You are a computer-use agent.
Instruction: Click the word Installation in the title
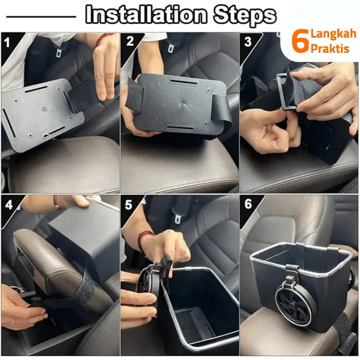pos(146,15)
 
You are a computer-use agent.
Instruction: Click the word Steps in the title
pos(245,15)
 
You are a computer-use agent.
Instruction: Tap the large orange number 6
pos(300,41)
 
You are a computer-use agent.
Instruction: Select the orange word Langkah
pos(333,34)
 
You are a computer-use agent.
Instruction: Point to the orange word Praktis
pos(330,48)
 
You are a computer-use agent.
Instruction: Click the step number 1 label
pos(7,43)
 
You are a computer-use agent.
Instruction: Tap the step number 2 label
pos(130,41)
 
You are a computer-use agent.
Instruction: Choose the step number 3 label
pos(248,42)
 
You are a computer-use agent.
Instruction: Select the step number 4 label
pos(9,204)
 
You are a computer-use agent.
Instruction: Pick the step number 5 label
pos(129,205)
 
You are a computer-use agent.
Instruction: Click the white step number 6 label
pos(248,204)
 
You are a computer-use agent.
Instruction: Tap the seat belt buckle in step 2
pos(171,48)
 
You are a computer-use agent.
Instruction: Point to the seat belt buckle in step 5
pos(177,219)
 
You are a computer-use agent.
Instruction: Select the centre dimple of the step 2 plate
pos(182,105)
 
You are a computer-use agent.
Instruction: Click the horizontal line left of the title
pos(41,16)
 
